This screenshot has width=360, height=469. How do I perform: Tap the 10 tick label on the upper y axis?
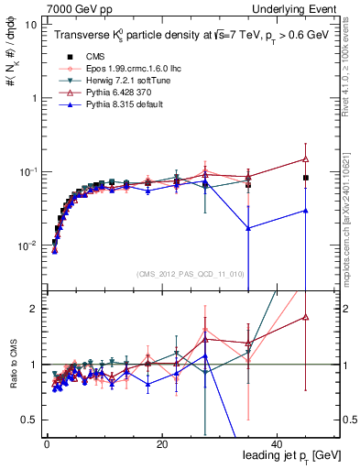30,25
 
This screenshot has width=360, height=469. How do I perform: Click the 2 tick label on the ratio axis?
33,309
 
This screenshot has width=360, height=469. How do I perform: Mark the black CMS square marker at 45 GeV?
306,178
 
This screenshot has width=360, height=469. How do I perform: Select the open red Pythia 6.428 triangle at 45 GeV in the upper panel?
306,158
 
